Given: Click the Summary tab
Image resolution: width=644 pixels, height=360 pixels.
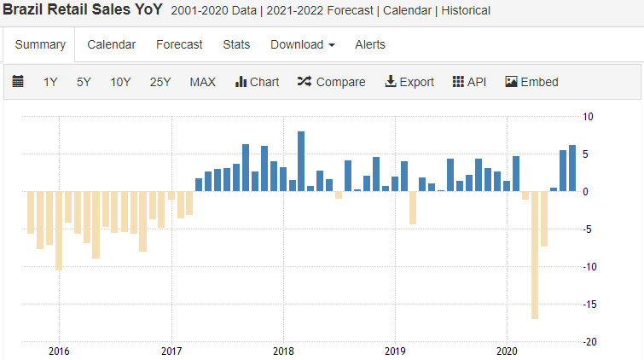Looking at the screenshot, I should click(x=40, y=44).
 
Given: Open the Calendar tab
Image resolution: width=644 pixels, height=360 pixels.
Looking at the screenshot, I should click(x=111, y=44).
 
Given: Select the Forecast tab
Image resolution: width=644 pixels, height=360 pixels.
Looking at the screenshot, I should click(x=179, y=44).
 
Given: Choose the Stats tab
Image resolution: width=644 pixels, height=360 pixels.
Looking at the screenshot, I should click(x=236, y=44).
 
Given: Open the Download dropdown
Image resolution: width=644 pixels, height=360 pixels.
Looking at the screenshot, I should click(x=302, y=44).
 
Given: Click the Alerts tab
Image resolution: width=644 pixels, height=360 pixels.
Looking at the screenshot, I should click(x=370, y=44).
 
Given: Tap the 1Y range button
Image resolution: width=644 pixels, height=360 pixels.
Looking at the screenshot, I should click(x=50, y=82).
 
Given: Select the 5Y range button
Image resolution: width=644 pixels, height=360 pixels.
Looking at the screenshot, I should click(x=84, y=82).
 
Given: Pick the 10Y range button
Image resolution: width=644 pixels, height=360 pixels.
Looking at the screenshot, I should click(x=120, y=82).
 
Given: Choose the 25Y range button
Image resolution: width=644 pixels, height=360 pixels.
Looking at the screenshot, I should click(x=160, y=82).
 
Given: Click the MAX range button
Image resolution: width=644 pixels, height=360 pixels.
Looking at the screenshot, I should click(x=202, y=82).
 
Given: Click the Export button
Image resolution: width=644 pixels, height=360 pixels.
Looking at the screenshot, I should click(x=409, y=82).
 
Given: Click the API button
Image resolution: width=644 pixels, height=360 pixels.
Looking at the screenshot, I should click(x=469, y=82).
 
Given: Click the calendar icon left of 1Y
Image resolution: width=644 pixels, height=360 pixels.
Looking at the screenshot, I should click(x=18, y=82).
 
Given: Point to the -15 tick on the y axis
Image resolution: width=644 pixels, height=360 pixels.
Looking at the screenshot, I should click(x=588, y=304).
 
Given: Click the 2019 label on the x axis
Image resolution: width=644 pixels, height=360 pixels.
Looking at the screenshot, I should click(x=395, y=351).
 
